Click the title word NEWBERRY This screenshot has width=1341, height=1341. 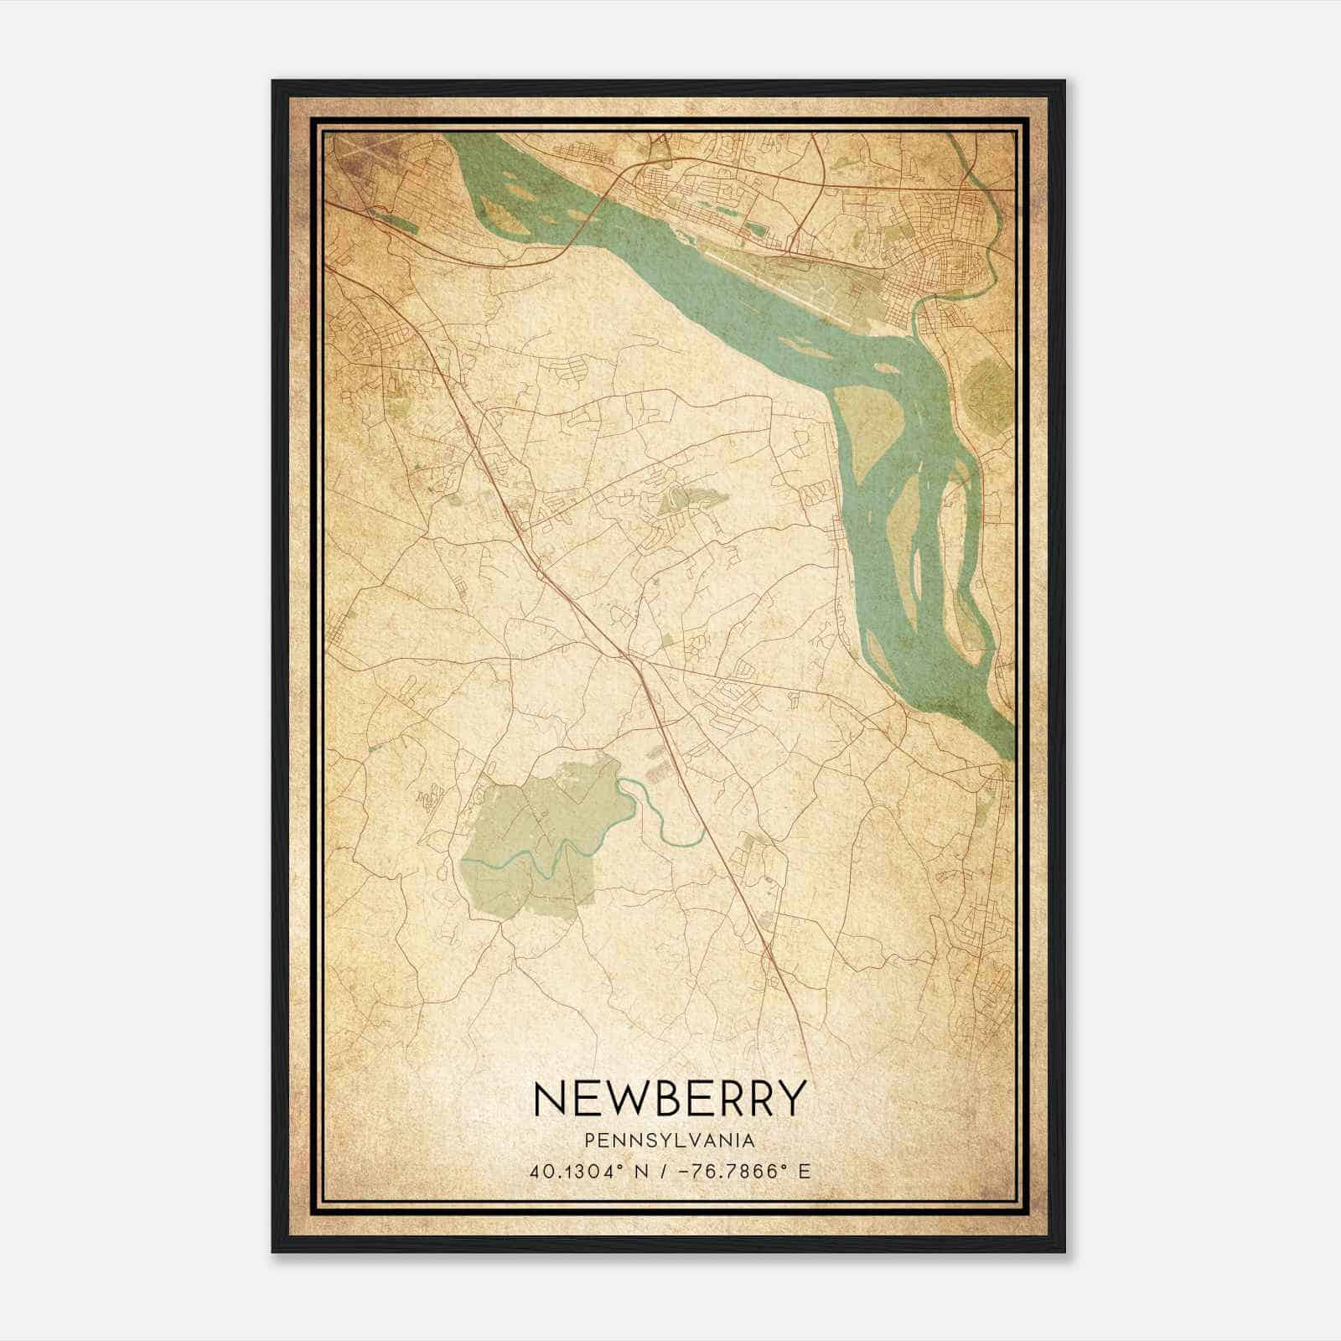point(669,1099)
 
